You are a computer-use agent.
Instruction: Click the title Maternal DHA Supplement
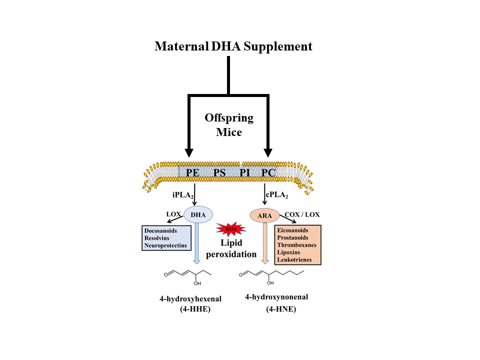(233, 46)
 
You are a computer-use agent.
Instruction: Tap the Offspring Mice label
(228, 125)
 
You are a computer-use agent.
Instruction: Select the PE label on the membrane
(193, 173)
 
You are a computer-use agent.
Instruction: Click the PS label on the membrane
(220, 173)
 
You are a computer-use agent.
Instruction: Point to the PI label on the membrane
(245, 173)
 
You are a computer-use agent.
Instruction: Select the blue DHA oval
(198, 215)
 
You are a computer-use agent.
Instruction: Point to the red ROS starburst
(230, 228)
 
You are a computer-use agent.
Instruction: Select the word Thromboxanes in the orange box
(297, 245)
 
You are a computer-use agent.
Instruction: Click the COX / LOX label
(302, 215)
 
